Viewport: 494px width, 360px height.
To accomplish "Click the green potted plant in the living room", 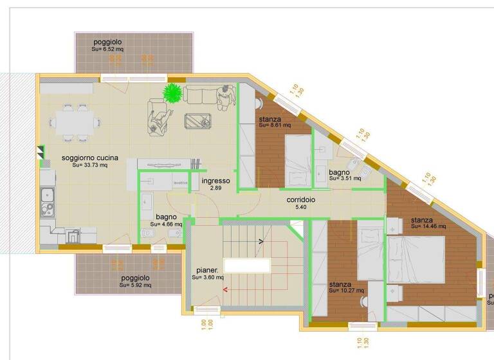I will [x=172, y=94].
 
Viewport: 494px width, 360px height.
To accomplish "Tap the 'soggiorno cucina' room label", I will [x=89, y=157].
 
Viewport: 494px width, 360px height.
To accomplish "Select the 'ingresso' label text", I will [x=215, y=181].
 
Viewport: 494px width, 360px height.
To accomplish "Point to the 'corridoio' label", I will [x=301, y=200].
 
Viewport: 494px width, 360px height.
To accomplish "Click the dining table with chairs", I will [x=75, y=120].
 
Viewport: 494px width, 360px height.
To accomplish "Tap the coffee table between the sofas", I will [x=198, y=120].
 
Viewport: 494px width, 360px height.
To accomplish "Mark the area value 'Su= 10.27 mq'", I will [x=346, y=291].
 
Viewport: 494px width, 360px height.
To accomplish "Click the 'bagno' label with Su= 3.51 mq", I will [x=339, y=172].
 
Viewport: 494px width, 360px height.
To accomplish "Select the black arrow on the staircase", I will [x=260, y=242].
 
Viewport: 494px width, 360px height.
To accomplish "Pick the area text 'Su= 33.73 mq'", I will [x=89, y=165].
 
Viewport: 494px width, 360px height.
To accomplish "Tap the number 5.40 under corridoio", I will [x=301, y=208].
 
